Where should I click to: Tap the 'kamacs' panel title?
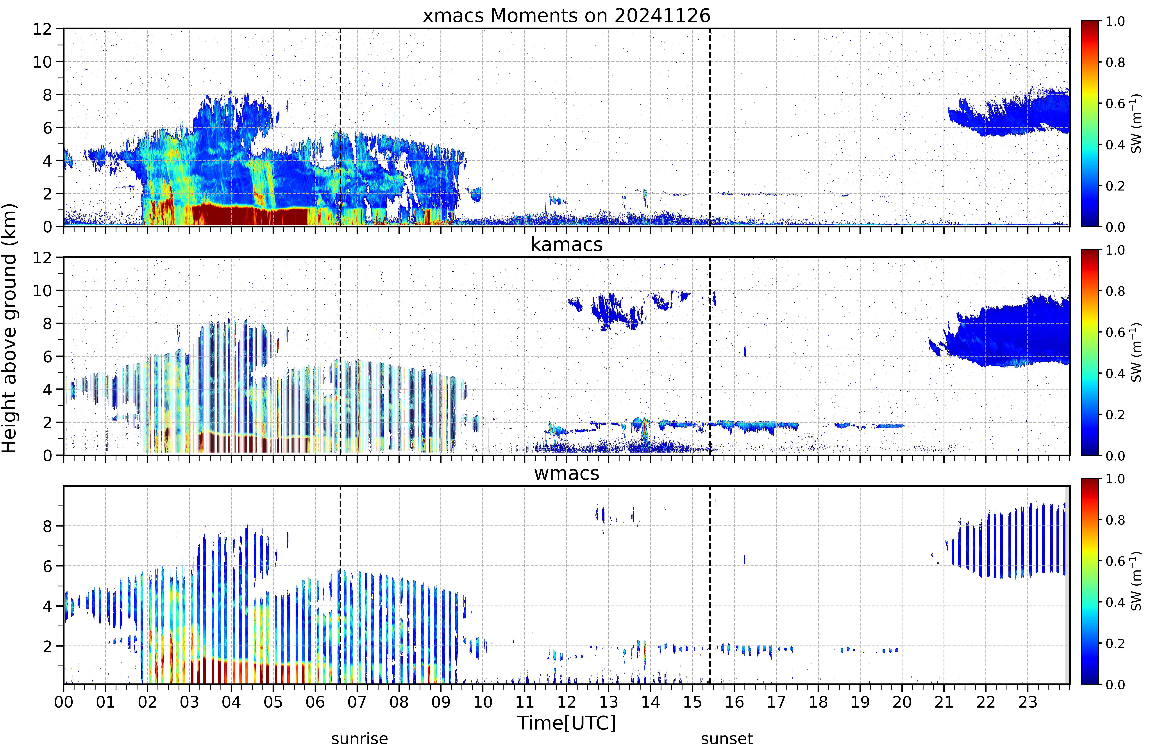[x=566, y=244]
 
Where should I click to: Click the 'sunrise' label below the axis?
[x=359, y=739]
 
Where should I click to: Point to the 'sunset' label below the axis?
[x=727, y=739]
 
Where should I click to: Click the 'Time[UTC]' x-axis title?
[x=566, y=723]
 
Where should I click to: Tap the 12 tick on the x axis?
[x=566, y=702]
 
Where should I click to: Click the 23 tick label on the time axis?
[x=1028, y=702]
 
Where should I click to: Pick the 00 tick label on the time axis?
[x=63, y=702]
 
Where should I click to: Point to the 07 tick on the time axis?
[x=357, y=702]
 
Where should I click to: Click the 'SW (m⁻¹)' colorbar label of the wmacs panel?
[x=1136, y=581]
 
